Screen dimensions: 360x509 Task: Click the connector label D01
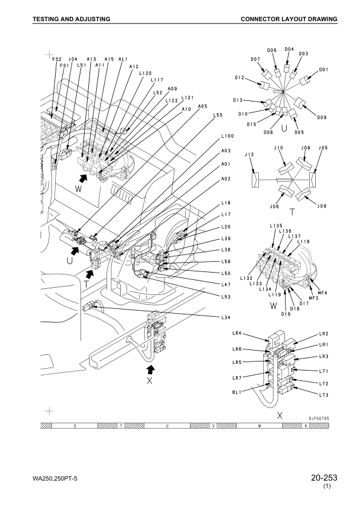(323, 70)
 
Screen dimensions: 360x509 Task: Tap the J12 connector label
(249, 155)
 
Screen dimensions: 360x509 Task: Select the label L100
(227, 136)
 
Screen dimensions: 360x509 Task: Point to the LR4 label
(237, 333)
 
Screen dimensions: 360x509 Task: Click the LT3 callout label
(324, 395)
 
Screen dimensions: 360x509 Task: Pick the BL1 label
(237, 392)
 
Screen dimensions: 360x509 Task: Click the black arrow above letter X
(150, 369)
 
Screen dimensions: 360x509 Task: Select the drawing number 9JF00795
(319, 418)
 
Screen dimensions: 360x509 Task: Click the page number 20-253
(324, 478)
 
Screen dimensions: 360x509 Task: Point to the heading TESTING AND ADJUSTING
(71, 19)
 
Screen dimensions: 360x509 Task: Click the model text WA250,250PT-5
(55, 479)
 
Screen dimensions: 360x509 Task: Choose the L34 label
(226, 317)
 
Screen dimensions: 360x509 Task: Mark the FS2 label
(57, 59)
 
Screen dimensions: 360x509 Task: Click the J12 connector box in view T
(255, 180)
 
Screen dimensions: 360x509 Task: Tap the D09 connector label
(322, 117)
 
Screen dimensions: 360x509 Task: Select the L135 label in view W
(276, 225)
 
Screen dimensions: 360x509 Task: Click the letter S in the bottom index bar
(75, 426)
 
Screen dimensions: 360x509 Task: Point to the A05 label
(203, 106)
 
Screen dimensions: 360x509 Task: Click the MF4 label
(322, 293)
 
